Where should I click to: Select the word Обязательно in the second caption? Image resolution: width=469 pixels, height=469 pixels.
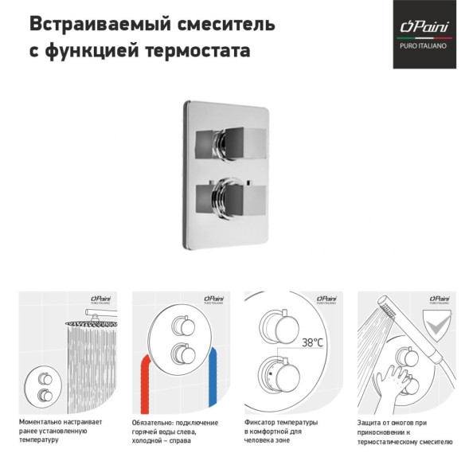tap(154, 420)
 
